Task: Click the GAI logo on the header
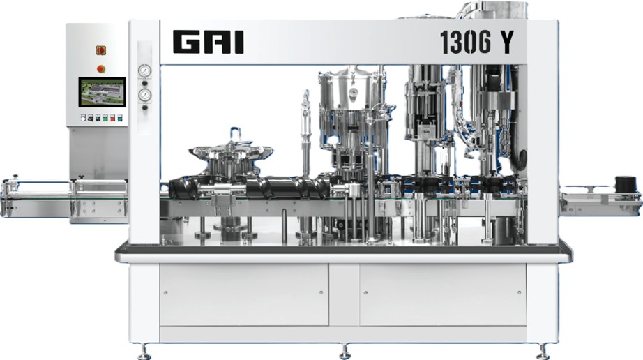[x=208, y=42]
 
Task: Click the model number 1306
[x=465, y=43]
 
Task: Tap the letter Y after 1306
[x=506, y=43]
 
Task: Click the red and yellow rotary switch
[x=101, y=50]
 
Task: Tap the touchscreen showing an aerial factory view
[x=102, y=92]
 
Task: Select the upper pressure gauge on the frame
[x=144, y=70]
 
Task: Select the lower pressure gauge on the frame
[x=144, y=96]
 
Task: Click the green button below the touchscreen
[x=105, y=118]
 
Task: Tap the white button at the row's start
[x=83, y=118]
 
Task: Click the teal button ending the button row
[x=120, y=118]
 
